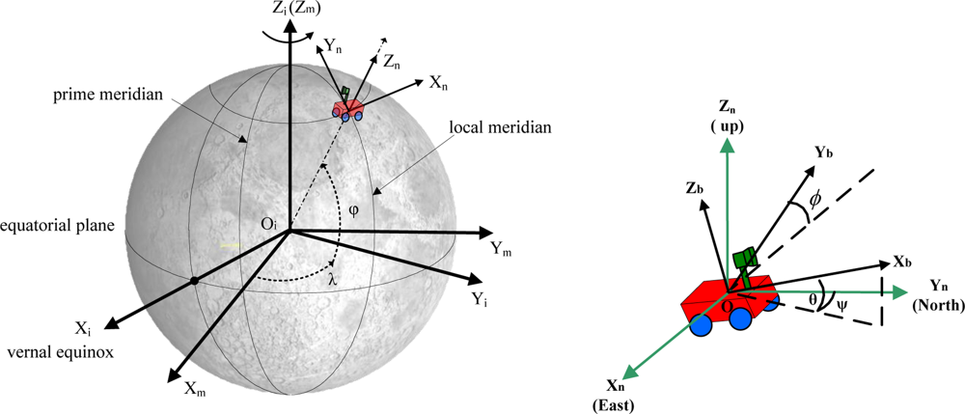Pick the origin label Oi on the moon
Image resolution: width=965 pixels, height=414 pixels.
coord(269,225)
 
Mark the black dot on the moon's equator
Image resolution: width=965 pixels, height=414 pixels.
coord(194,281)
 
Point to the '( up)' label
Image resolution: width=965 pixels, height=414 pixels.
coord(728,126)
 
